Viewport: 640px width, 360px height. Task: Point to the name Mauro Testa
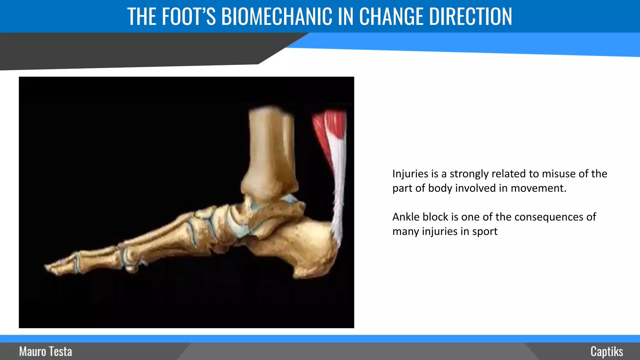46,352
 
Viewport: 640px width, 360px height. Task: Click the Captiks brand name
607,352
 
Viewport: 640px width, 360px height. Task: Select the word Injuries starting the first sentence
410,174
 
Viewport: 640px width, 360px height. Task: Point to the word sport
485,232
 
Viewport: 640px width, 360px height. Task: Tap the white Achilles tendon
337,187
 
